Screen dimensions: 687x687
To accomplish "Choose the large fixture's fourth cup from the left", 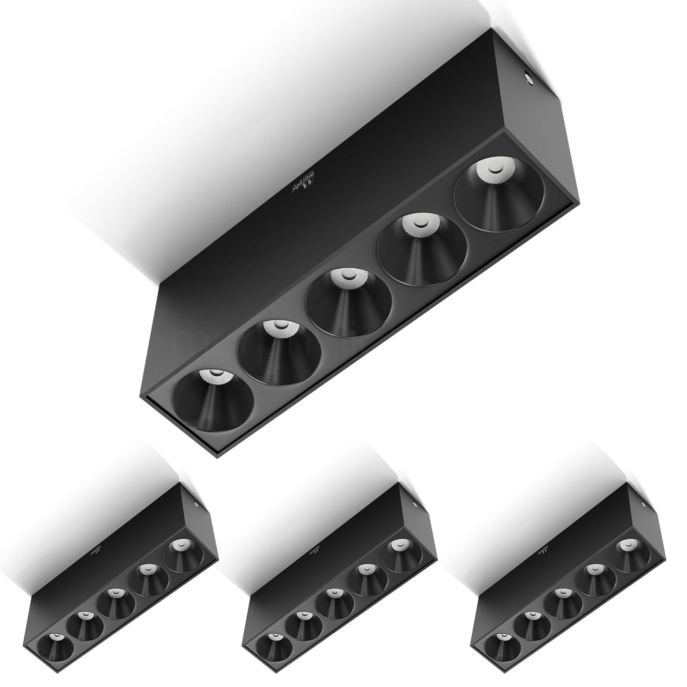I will tap(421, 250).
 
